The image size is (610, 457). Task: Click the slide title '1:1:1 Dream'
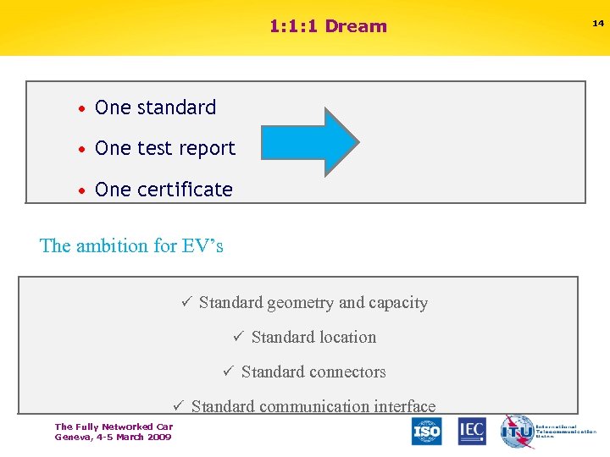pyautogui.click(x=328, y=26)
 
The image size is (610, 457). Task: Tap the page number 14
pyautogui.click(x=598, y=24)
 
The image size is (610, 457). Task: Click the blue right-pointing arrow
pyautogui.click(x=310, y=142)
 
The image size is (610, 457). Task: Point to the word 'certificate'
pyautogui.click(x=186, y=190)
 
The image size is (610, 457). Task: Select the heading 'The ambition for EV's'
pyautogui.click(x=131, y=246)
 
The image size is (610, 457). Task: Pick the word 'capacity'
pyautogui.click(x=398, y=303)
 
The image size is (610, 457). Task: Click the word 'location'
pyautogui.click(x=346, y=337)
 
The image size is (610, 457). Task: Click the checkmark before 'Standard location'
pyautogui.click(x=238, y=337)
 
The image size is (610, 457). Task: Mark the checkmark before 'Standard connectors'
pyautogui.click(x=228, y=372)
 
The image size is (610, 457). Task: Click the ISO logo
pyautogui.click(x=427, y=431)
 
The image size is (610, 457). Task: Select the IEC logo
pyautogui.click(x=472, y=431)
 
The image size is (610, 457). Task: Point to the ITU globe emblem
pyautogui.click(x=516, y=431)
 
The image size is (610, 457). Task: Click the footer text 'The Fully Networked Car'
pyautogui.click(x=114, y=427)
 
